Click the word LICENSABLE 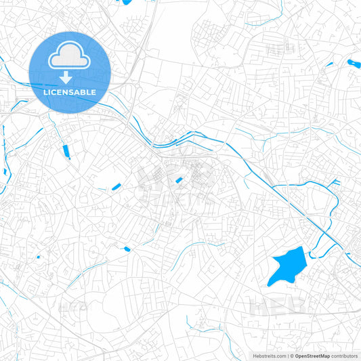click(70, 92)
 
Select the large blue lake click(286, 265)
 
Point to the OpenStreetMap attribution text click(312, 356)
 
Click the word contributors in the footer click(345, 356)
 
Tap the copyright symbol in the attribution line click(291, 356)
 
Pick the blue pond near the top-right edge click(354, 64)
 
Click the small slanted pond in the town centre click(179, 179)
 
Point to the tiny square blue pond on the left click(38, 257)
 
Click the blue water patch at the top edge click(125, 2)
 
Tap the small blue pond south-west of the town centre click(127, 249)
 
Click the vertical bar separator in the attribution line click(288, 356)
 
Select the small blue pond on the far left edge click(3, 172)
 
